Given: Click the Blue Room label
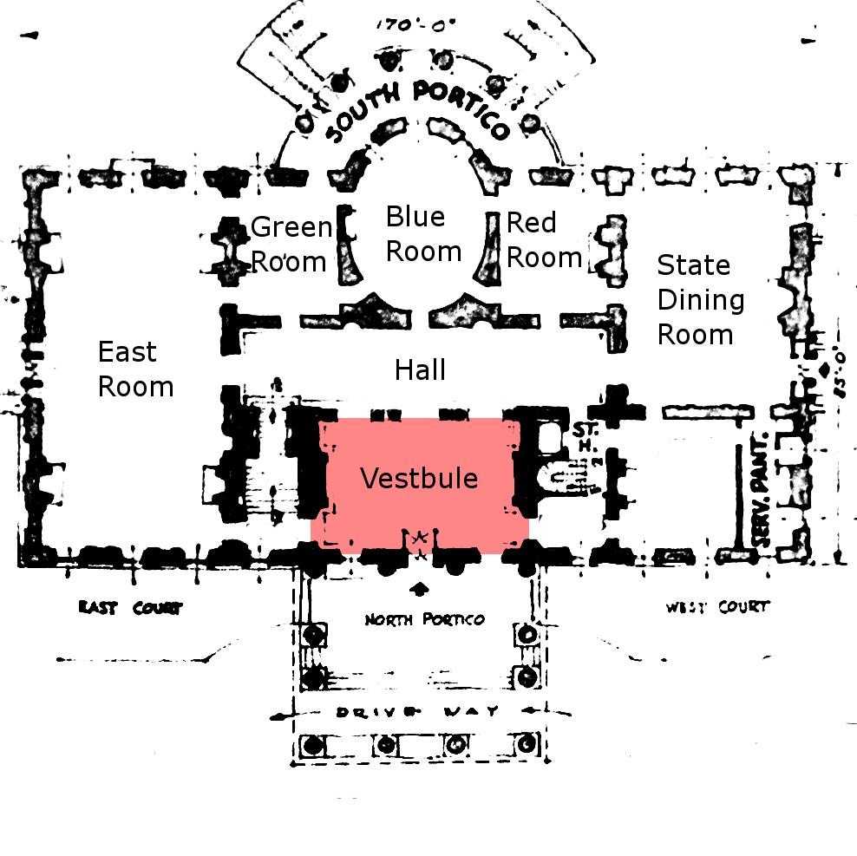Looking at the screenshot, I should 423,234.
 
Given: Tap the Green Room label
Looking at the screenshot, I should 290,245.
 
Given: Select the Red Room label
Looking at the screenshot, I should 543,240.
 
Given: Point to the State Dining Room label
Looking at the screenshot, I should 700,300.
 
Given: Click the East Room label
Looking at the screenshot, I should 134,369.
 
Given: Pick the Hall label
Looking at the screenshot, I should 420,370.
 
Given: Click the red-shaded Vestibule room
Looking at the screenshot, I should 420,486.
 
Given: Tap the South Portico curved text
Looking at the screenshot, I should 418,111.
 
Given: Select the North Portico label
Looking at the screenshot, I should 424,619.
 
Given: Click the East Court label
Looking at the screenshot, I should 130,607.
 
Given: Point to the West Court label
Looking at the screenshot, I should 717,606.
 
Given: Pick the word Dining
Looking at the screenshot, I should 700,300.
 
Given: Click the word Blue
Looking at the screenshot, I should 415,216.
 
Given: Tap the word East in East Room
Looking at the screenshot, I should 127,352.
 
